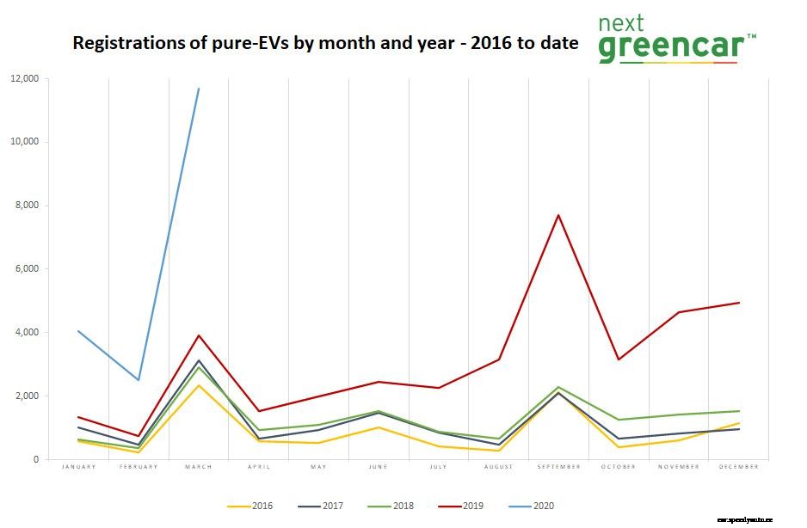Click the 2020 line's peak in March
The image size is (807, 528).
coord(199,89)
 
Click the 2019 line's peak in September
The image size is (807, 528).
coord(558,215)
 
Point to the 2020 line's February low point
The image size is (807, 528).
coord(139,380)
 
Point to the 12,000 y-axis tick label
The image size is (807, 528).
coord(24,78)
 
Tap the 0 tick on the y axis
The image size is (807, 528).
coord(36,460)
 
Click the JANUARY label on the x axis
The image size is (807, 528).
coord(78,467)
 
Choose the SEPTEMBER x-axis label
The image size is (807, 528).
coord(558,467)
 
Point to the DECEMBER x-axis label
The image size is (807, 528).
coord(738,467)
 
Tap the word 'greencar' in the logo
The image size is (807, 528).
coord(668,49)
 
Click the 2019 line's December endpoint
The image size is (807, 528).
coord(739,303)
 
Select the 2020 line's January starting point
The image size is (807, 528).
coord(78,331)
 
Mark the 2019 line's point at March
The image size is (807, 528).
coord(199,335)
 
